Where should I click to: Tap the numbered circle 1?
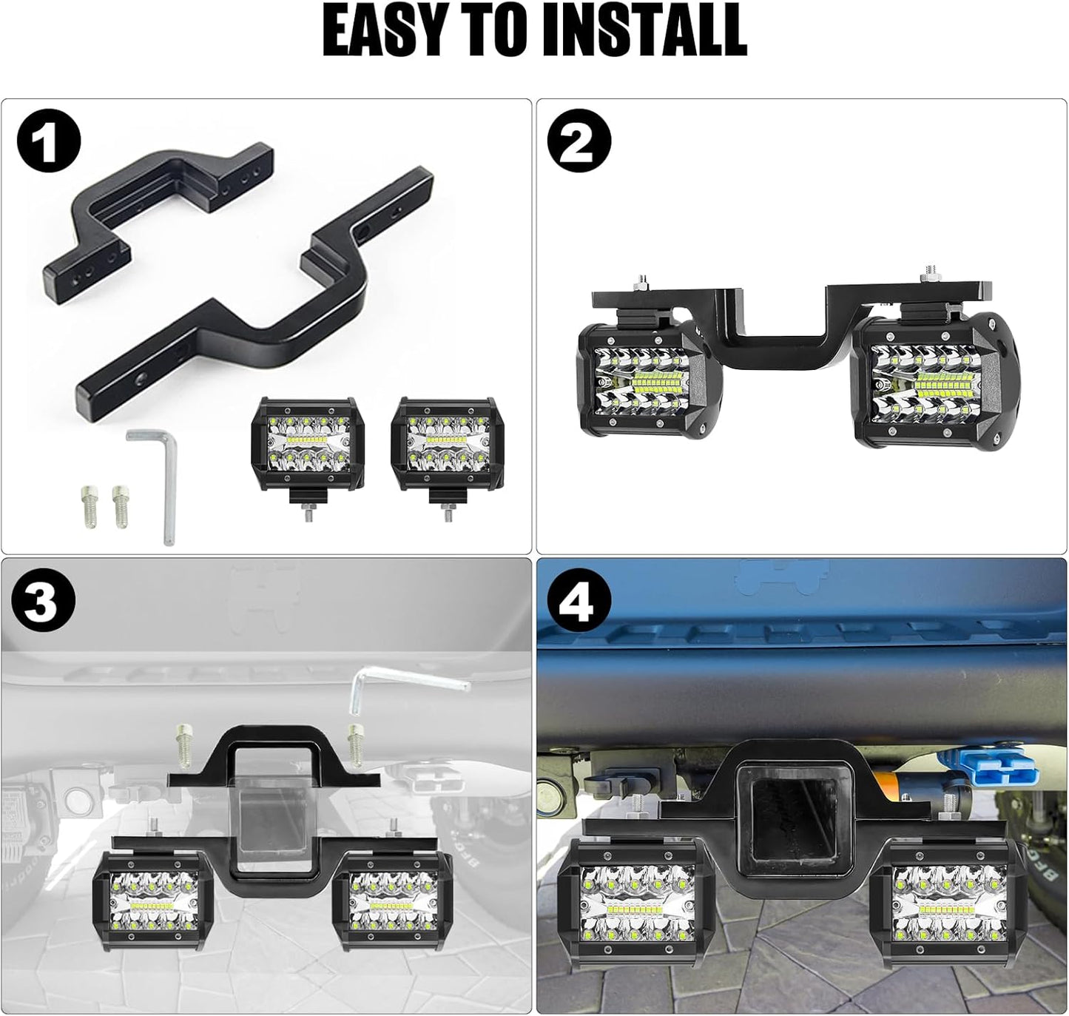(x=48, y=142)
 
